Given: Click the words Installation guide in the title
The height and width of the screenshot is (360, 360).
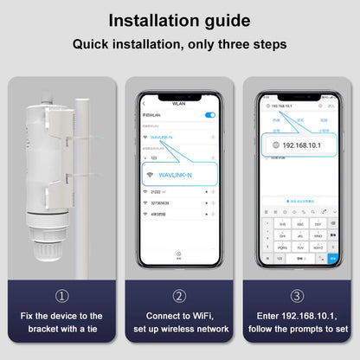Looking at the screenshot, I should [x=179, y=20].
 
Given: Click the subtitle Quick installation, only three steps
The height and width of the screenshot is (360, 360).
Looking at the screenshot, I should [x=179, y=42].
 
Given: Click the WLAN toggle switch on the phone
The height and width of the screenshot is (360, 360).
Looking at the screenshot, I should [x=209, y=114].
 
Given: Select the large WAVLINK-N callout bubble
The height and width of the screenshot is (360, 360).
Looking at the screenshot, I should [x=179, y=175].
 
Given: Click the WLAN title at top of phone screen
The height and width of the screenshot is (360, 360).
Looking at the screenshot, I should [x=179, y=103].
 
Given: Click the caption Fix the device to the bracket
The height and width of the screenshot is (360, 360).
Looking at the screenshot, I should [x=60, y=322].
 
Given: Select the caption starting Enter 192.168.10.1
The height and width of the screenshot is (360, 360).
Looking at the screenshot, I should [x=297, y=322].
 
